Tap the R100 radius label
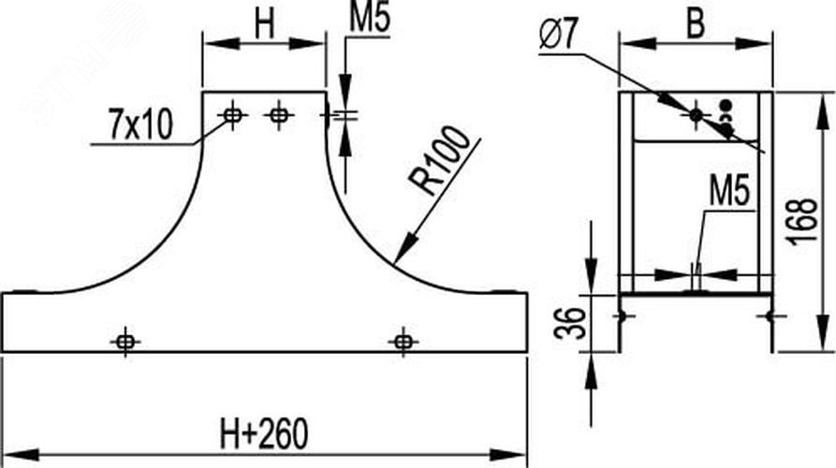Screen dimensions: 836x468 pyautogui.click(x=440, y=160)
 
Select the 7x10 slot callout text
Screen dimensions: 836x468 pyautogui.click(x=140, y=124)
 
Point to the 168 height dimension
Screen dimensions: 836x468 pyautogui.click(x=802, y=222)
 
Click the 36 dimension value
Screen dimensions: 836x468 pyautogui.click(x=570, y=323)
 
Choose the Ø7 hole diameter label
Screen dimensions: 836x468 pyautogui.click(x=558, y=35)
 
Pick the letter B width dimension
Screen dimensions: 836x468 pyautogui.click(x=696, y=23)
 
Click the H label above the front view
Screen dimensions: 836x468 pyautogui.click(x=264, y=24)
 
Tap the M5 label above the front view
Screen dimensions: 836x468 pyautogui.click(x=370, y=18)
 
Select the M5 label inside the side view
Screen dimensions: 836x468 pyautogui.click(x=729, y=191)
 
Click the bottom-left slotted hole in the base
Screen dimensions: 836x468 pyautogui.click(x=125, y=341)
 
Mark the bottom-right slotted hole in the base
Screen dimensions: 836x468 pyautogui.click(x=403, y=341)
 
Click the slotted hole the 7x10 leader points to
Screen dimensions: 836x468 pyautogui.click(x=232, y=114)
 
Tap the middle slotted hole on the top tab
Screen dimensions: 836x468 pyautogui.click(x=279, y=114)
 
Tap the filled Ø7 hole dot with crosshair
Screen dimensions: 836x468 pyautogui.click(x=696, y=114)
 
